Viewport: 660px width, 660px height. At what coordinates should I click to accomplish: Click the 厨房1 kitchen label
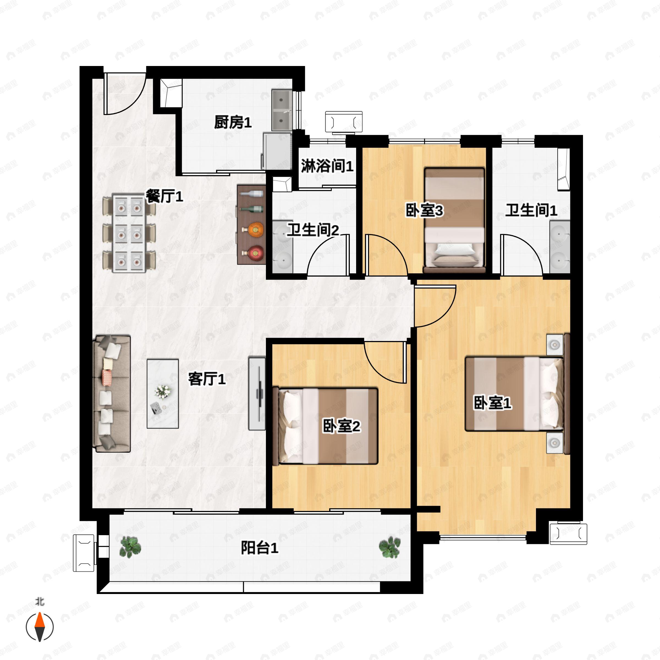tap(233, 122)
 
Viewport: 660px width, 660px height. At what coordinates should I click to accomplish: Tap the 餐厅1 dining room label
tap(165, 196)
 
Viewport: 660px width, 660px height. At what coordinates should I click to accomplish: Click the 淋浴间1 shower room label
tap(327, 166)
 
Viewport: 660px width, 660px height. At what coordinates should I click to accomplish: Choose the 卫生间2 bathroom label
tap(313, 230)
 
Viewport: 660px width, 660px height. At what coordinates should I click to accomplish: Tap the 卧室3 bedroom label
tap(424, 210)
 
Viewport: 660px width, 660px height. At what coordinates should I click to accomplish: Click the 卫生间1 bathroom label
tap(531, 210)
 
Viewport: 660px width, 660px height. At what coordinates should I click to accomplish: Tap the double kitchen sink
tap(282, 110)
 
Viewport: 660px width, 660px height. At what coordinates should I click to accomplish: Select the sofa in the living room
tap(112, 394)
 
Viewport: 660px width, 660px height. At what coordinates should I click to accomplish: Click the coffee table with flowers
tap(163, 394)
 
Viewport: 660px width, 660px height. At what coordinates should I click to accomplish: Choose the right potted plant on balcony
tap(389, 547)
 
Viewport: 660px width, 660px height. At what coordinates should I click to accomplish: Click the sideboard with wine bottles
tap(251, 224)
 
